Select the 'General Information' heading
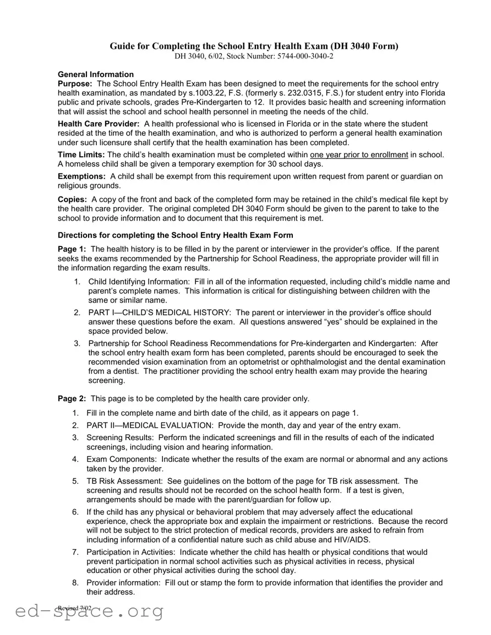click(x=96, y=74)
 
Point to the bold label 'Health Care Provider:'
click(x=99, y=124)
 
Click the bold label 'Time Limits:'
click(x=81, y=155)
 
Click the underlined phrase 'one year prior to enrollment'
click(x=359, y=155)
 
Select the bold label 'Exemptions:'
click(x=82, y=176)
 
